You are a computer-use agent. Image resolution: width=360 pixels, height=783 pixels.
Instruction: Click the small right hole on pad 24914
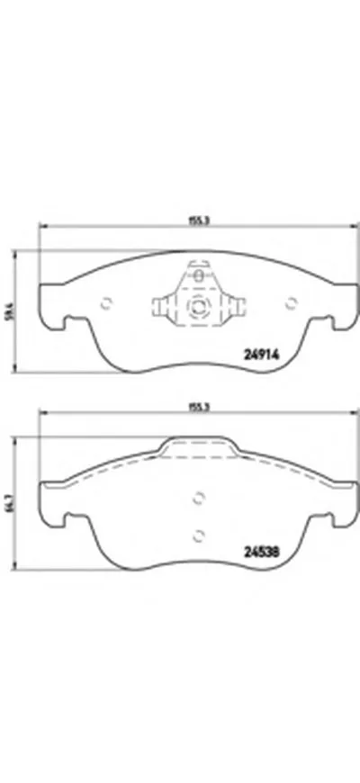click(x=290, y=301)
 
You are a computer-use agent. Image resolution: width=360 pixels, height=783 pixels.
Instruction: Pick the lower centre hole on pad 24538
click(x=198, y=534)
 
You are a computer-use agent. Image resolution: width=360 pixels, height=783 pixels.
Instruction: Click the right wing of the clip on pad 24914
click(x=230, y=308)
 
